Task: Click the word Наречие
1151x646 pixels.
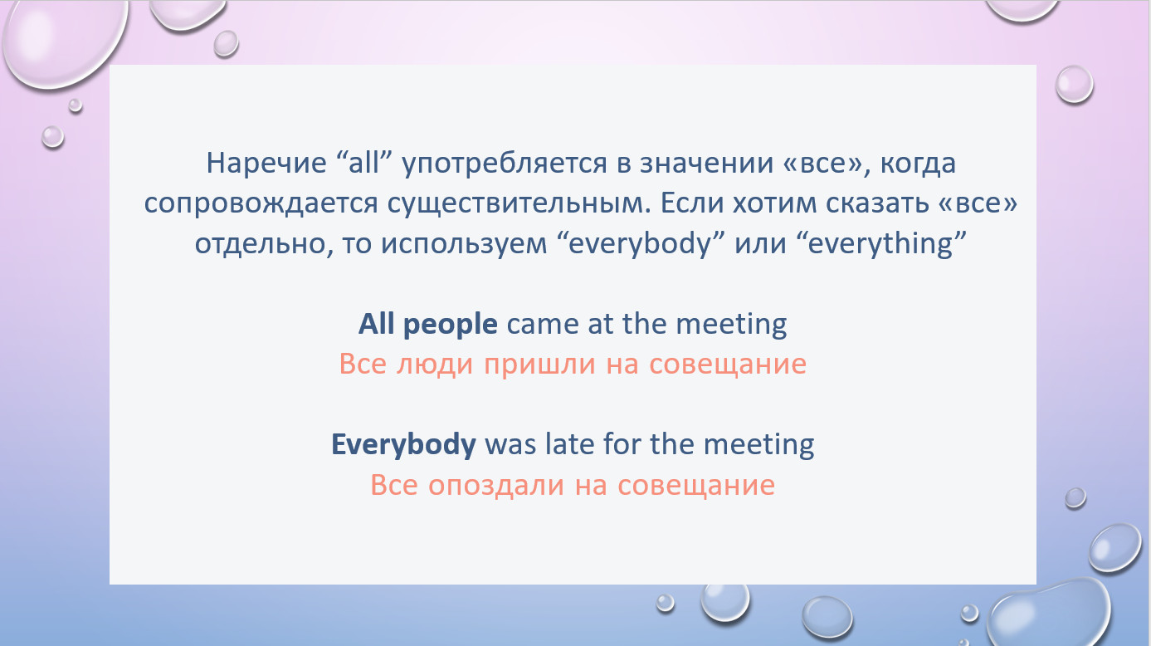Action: click(266, 163)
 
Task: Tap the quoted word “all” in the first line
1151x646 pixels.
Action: click(364, 162)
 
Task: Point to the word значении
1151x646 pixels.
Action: click(706, 163)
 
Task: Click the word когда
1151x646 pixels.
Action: click(918, 164)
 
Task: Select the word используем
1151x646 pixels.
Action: click(464, 244)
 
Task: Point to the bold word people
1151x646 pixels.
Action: click(450, 325)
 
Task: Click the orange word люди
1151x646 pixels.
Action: click(434, 365)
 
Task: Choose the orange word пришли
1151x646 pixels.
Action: click(540, 365)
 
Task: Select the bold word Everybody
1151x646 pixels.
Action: click(403, 445)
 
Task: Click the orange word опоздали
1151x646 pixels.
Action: click(496, 486)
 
